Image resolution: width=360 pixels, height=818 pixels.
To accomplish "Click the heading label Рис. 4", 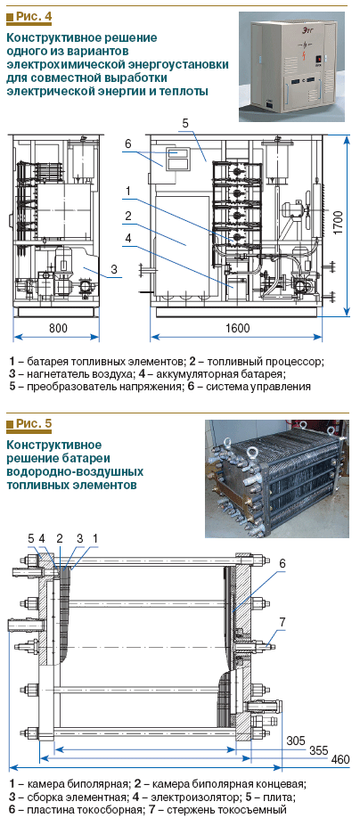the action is click(33, 17).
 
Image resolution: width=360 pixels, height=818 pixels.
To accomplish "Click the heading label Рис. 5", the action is click(33, 423).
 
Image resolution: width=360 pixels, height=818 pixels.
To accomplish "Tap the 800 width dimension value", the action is click(57, 328).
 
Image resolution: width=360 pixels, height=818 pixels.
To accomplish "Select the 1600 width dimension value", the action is click(236, 328).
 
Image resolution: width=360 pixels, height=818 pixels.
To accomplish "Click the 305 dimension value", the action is click(296, 740).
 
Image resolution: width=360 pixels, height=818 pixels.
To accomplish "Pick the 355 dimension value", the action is click(318, 750).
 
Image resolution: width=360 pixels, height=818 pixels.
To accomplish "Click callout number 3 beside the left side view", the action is click(114, 269).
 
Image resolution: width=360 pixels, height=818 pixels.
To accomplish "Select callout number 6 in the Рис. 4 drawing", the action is click(127, 144).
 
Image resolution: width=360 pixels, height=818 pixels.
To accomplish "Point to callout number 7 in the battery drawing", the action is click(282, 621).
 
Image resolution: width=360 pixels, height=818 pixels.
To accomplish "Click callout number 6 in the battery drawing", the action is click(282, 563).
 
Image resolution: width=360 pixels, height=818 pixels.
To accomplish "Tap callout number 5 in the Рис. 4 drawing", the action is click(185, 124).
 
